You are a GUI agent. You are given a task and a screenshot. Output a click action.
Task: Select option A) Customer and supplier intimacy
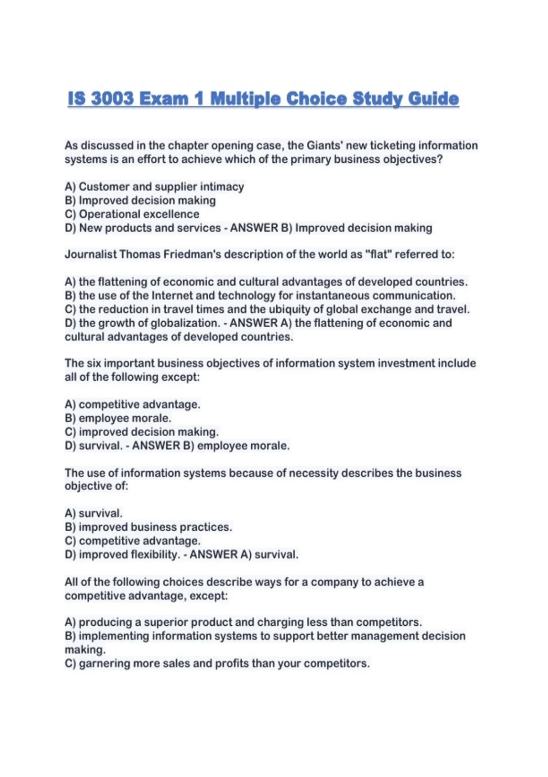click(x=154, y=186)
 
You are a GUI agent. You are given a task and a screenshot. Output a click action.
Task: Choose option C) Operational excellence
click(x=132, y=214)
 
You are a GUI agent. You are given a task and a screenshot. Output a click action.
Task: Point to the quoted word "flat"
click(x=378, y=254)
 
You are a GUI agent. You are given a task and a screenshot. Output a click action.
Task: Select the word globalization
click(x=185, y=323)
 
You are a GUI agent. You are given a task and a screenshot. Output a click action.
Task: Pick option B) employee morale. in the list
click(x=118, y=418)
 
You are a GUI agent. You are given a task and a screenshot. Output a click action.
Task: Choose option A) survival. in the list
click(x=94, y=513)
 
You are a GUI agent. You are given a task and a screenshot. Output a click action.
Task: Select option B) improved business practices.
click(x=148, y=527)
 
